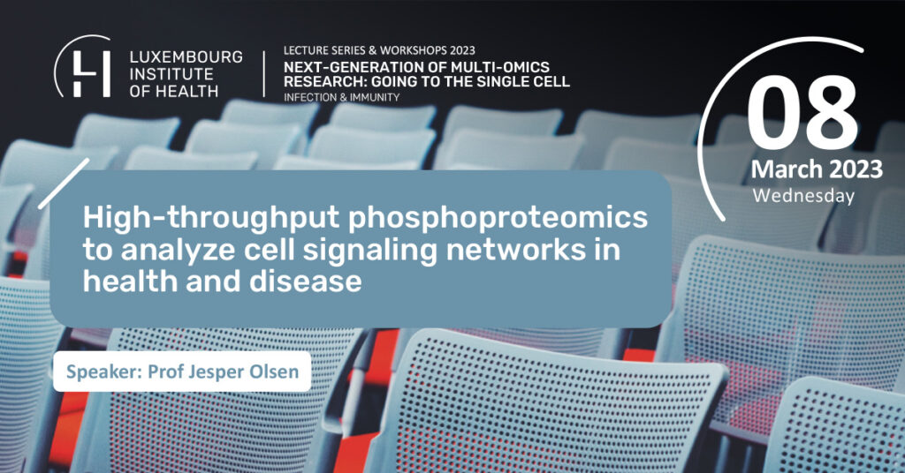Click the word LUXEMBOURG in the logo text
186,57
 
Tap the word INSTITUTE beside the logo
171,74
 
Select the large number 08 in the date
802,115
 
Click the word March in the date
786,169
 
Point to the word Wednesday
803,196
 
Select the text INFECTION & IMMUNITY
341,97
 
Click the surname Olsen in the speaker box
274,372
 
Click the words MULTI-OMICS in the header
491,67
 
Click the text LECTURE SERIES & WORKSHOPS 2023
379,50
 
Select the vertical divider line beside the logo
264,74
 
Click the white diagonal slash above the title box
64,184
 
